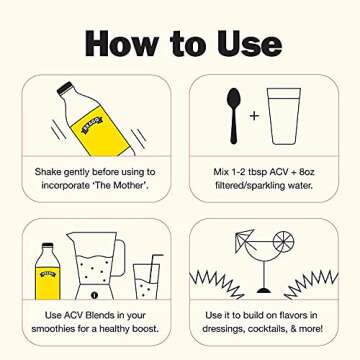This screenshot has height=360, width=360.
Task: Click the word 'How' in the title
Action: [x=122, y=43]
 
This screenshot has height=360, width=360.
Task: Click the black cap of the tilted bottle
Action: [x=65, y=88]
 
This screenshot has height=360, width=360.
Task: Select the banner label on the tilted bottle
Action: [x=92, y=124]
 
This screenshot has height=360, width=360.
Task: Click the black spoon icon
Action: [x=234, y=116]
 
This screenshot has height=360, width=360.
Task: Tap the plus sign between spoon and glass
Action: [x=254, y=116]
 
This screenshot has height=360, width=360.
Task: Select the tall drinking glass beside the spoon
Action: [x=284, y=116]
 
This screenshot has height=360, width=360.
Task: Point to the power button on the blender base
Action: [x=94, y=295]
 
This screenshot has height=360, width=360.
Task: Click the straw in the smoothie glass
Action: [x=155, y=269]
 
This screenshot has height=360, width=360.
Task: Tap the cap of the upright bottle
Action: [x=48, y=245]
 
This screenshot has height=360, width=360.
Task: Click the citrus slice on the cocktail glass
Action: [x=283, y=242]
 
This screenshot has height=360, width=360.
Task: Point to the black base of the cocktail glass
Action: [x=264, y=290]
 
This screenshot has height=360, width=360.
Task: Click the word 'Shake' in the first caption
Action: [x=46, y=172]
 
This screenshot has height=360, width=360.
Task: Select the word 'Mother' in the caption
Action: [x=132, y=185]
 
